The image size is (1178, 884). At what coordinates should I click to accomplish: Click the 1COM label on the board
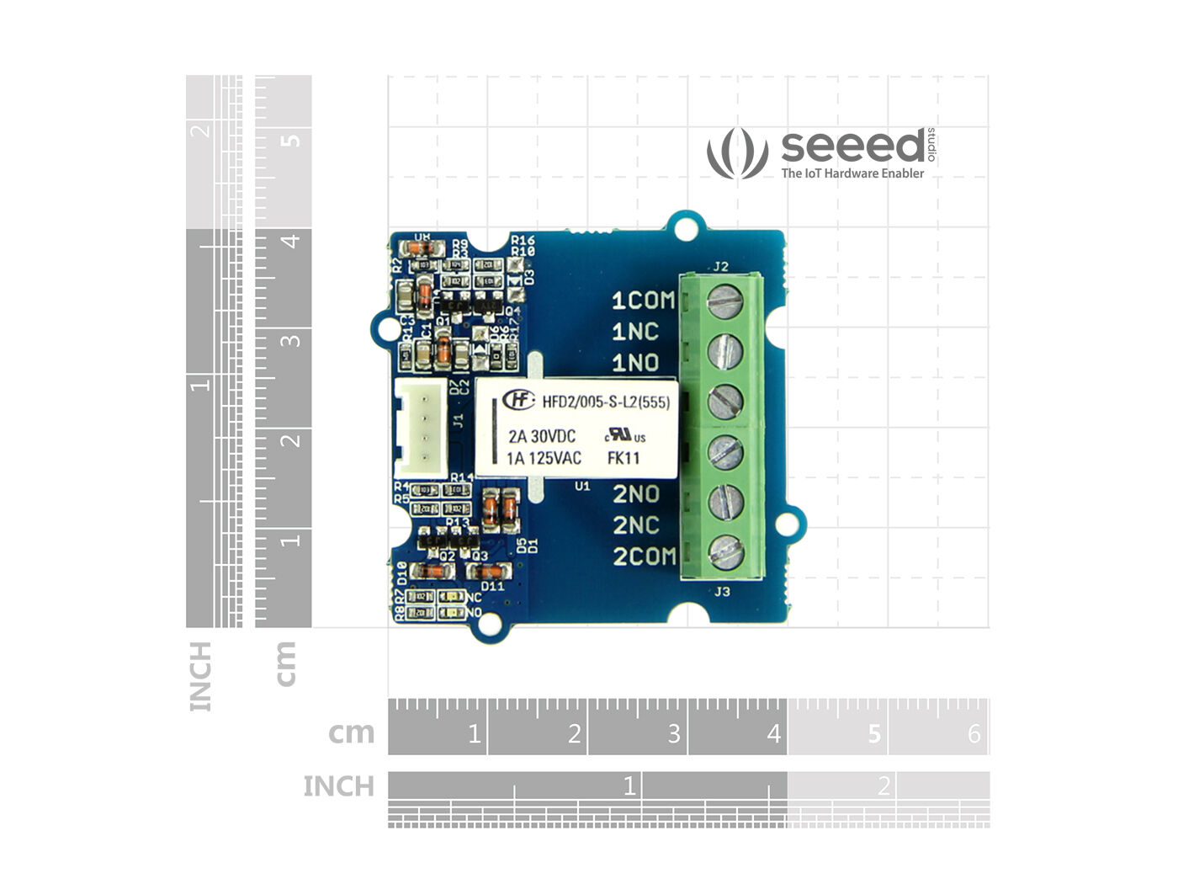point(643,301)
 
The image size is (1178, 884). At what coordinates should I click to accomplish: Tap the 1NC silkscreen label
point(634,332)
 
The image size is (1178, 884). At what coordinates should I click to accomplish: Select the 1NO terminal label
point(634,363)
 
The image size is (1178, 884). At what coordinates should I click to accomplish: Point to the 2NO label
point(635,494)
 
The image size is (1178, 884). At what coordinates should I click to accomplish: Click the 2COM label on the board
point(644,556)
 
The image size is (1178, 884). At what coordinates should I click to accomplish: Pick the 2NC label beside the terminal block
point(635,525)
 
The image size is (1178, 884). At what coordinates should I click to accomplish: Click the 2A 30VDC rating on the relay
point(542,436)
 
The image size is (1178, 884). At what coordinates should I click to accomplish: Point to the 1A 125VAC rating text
point(544,458)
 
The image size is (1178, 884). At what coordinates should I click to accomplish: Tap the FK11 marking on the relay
point(623,458)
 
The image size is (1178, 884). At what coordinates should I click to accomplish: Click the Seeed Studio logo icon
point(737,152)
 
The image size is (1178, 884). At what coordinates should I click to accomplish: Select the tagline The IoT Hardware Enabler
point(852,173)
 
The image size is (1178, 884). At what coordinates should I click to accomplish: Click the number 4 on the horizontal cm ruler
point(773,734)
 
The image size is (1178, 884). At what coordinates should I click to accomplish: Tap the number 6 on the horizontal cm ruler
point(974,734)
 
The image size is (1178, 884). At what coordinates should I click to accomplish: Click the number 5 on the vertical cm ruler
point(290,138)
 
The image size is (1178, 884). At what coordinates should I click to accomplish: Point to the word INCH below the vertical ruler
point(200,676)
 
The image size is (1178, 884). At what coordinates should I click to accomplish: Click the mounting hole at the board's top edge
point(688,227)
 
